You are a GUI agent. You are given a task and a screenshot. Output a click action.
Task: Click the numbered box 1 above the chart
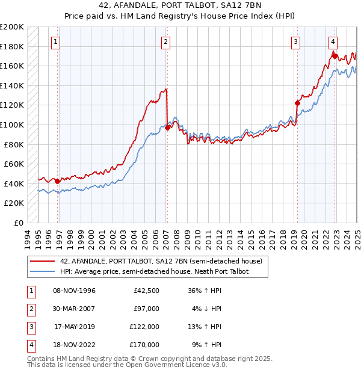pos(55,42)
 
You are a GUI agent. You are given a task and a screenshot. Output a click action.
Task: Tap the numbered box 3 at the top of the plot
pos(296,42)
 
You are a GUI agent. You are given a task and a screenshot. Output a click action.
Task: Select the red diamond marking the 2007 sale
pos(167,127)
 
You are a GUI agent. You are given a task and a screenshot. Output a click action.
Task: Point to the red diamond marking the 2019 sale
pos(297,103)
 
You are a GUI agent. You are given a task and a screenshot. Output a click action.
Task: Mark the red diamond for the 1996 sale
pos(57,181)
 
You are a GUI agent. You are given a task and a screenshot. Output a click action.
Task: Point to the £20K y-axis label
pos(14,203)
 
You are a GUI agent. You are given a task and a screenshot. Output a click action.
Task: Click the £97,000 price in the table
pos(147,309)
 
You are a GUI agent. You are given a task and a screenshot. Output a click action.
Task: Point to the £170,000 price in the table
pos(145,345)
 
